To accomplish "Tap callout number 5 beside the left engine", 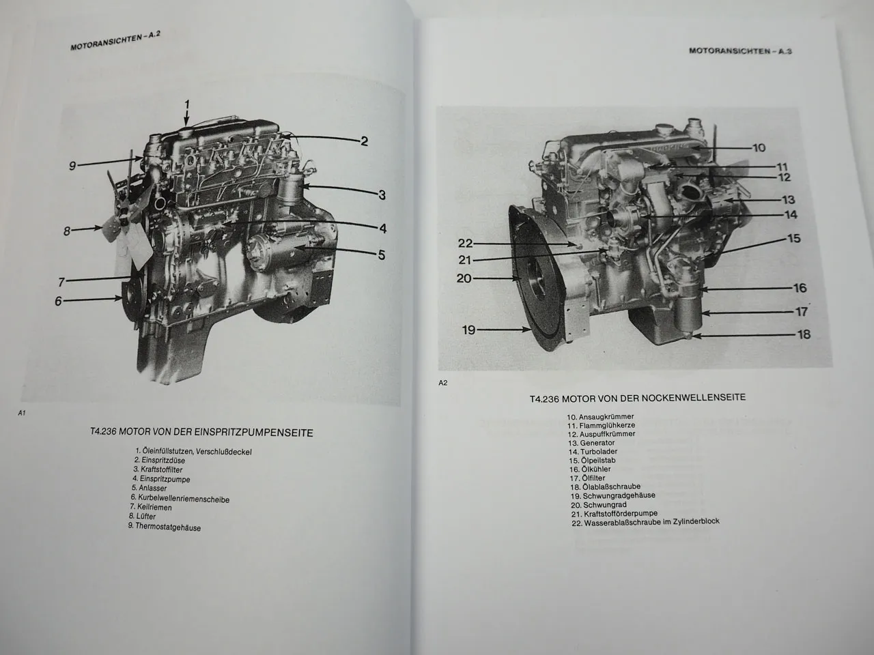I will pyautogui.click(x=381, y=255).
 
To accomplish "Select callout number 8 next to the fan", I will pyautogui.click(x=67, y=231).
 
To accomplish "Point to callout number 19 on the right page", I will pyautogui.click(x=468, y=330).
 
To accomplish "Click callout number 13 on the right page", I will pyautogui.click(x=789, y=200).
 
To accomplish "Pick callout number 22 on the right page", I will pyautogui.click(x=465, y=244).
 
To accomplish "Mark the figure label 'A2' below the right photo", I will pyautogui.click(x=442, y=383).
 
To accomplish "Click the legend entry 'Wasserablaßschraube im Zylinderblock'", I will pyautogui.click(x=645, y=522).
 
